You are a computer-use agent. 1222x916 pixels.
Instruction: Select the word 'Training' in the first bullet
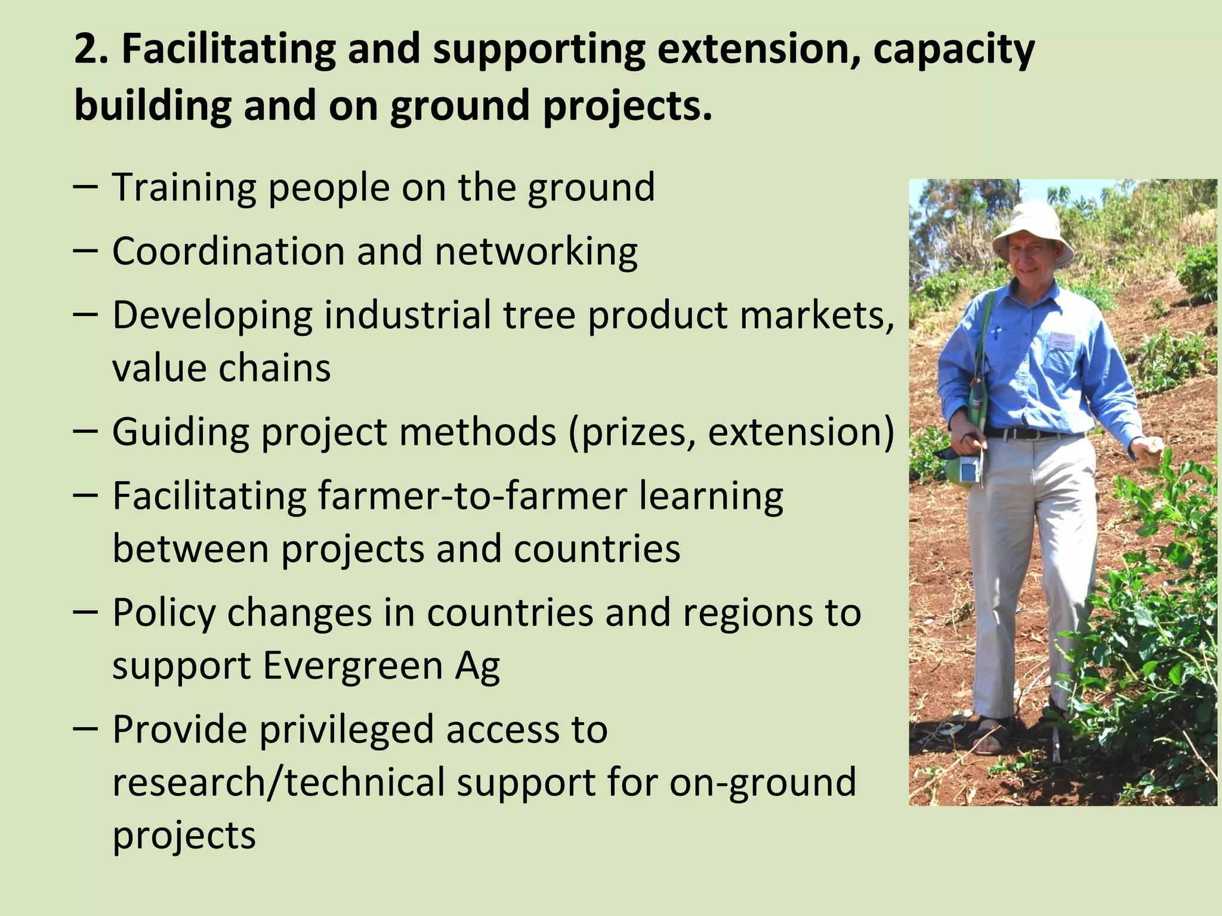(x=184, y=188)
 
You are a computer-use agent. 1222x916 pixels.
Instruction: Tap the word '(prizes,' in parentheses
(x=632, y=433)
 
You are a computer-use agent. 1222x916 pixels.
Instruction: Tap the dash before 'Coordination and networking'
(x=86, y=251)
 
